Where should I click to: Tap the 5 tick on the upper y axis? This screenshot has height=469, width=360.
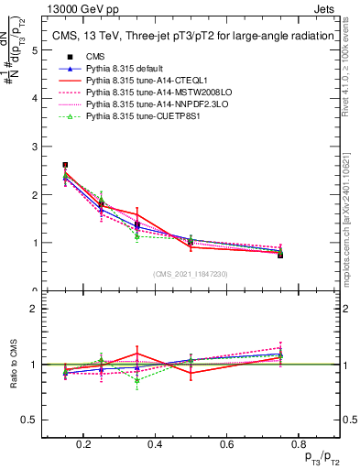click(34, 50)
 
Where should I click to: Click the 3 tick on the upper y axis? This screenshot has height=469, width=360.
click(34, 147)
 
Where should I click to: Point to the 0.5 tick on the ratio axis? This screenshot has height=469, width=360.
click(29, 420)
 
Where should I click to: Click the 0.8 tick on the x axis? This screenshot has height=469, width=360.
click(296, 444)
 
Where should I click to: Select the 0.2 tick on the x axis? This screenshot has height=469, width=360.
click(83, 444)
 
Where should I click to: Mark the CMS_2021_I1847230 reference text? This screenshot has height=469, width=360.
click(191, 276)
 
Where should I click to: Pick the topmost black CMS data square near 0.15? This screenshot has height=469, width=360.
click(65, 165)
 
